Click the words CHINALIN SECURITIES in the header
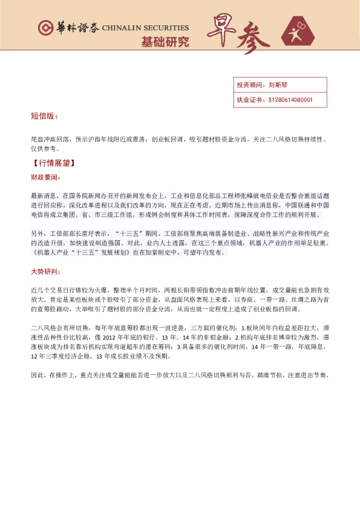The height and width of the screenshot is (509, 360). (x=145, y=28)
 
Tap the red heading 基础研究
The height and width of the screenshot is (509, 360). (x=165, y=42)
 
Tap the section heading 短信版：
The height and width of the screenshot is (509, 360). (x=45, y=115)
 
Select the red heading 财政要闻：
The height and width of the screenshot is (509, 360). (x=46, y=178)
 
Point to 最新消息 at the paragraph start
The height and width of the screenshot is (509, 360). (x=41, y=196)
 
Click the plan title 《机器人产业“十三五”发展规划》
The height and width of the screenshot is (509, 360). (x=80, y=253)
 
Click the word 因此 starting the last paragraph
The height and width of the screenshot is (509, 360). (x=36, y=375)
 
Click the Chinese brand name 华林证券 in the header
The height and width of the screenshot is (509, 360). (x=77, y=28)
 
